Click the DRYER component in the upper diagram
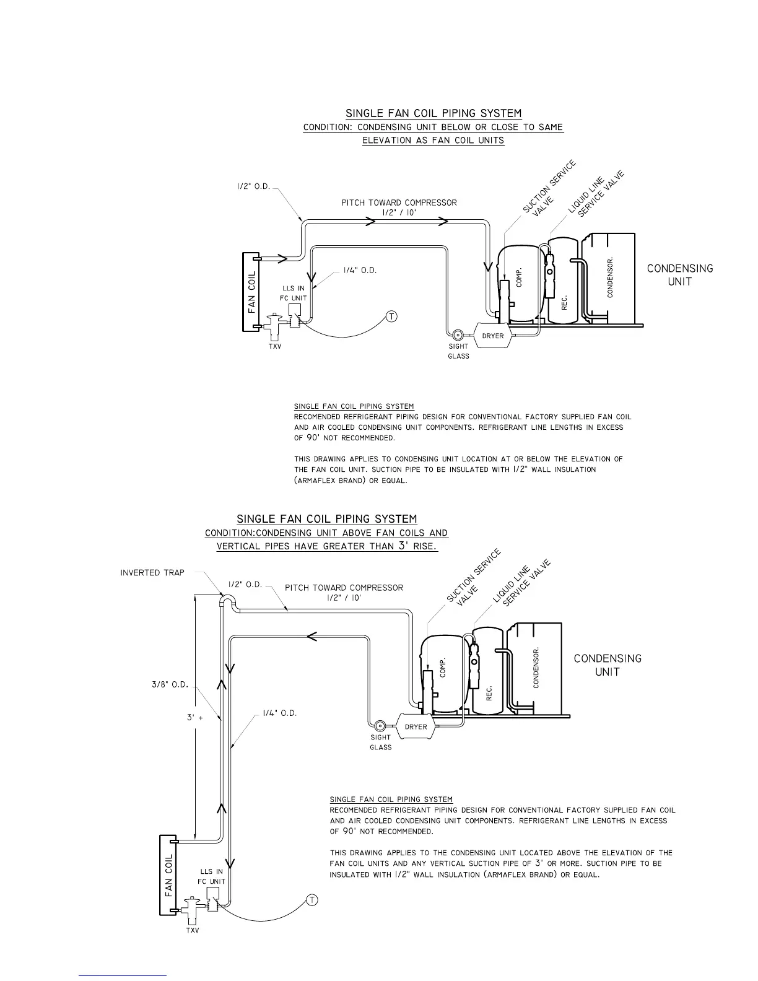click(x=493, y=336)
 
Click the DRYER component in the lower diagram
click(x=416, y=726)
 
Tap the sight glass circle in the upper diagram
click(x=458, y=334)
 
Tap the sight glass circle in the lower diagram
click(x=380, y=725)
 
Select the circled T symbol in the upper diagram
click(x=391, y=317)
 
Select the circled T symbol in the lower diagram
click(x=312, y=900)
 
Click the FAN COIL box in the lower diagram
click(x=169, y=874)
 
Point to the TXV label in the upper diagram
click(x=274, y=346)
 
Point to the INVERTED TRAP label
click(x=152, y=573)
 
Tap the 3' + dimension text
click(x=195, y=717)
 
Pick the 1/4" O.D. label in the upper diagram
click(x=360, y=271)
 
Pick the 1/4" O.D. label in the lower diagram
click(x=280, y=713)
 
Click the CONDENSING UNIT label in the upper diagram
click(x=680, y=275)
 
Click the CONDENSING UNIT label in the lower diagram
click(x=608, y=665)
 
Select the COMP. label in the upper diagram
click(x=519, y=276)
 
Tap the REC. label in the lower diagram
click(x=489, y=693)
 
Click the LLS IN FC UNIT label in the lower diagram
click(x=211, y=876)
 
